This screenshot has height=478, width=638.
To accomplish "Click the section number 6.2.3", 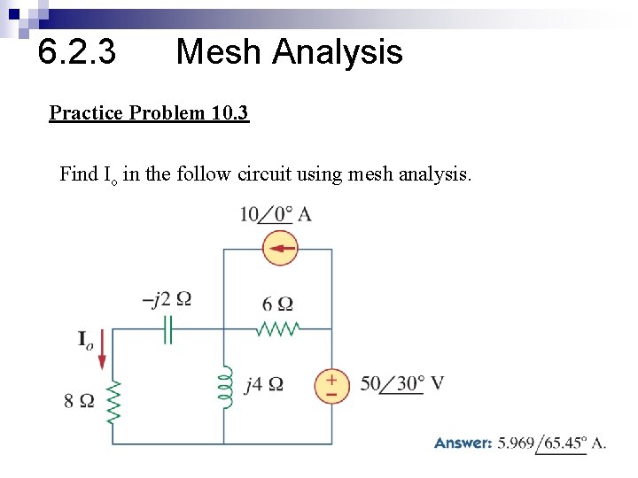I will [x=77, y=52].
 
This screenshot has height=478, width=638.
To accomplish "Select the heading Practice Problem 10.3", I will [x=149, y=113].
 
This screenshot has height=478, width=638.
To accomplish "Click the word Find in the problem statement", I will [x=79, y=173].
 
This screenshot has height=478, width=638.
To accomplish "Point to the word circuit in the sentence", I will [x=266, y=173].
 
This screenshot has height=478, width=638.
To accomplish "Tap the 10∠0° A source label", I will [x=275, y=214].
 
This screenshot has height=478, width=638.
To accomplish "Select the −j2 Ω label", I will [x=166, y=298].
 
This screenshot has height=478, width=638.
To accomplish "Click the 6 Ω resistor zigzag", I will [x=277, y=329].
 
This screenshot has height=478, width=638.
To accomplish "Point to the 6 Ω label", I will [x=277, y=304].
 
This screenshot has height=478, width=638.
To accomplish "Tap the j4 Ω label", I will [x=264, y=384].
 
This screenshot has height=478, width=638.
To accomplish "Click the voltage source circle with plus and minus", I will [x=331, y=385].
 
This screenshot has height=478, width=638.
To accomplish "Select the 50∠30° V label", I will [x=401, y=384].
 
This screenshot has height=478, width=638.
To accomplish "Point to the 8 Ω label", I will [x=79, y=401].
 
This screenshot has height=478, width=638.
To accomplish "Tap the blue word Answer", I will [x=463, y=443].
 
